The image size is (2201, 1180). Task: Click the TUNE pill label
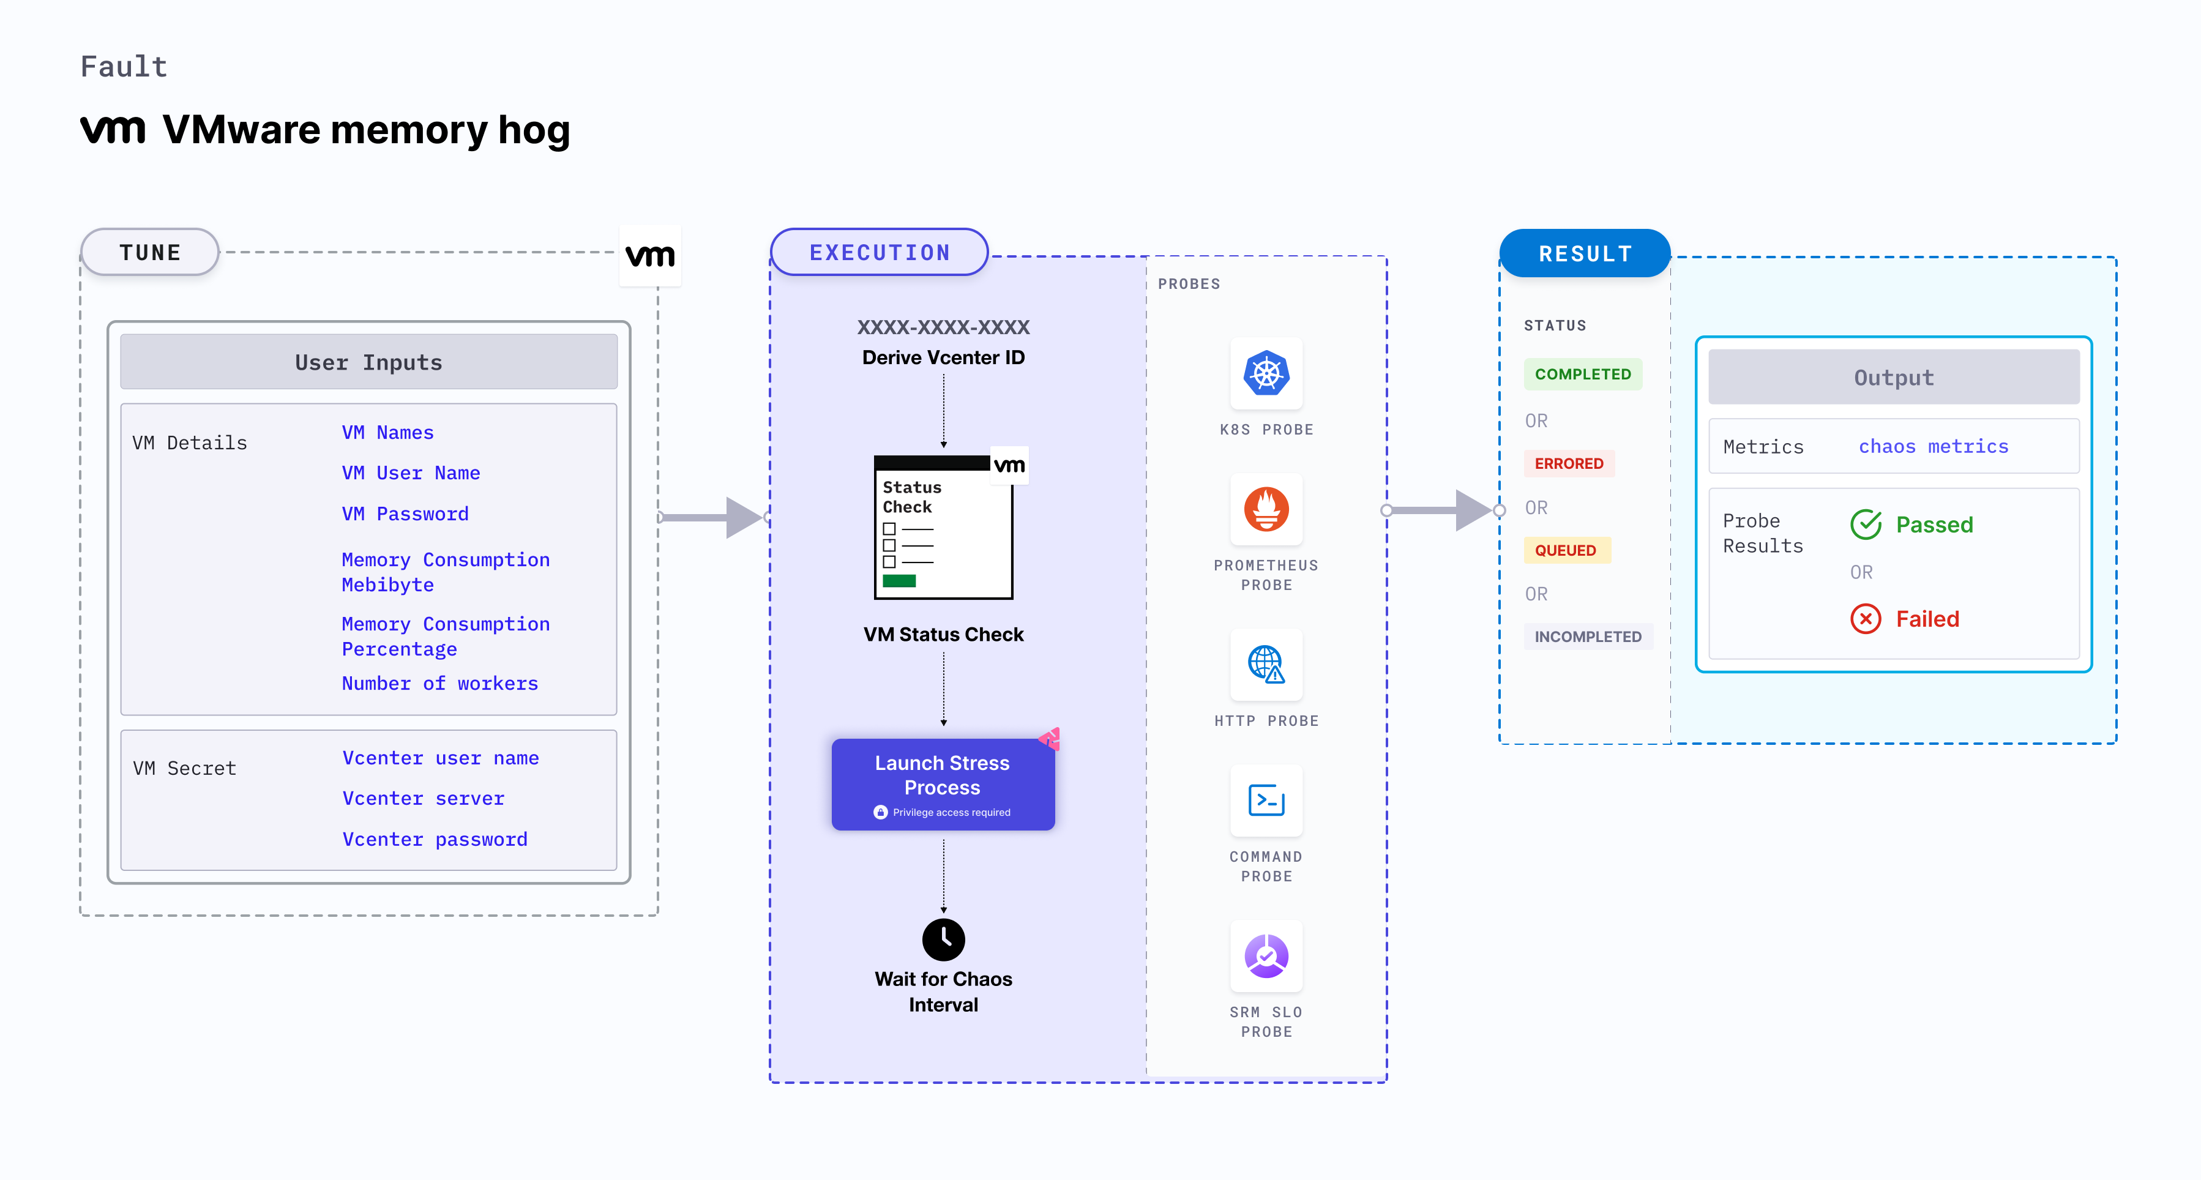click(x=151, y=253)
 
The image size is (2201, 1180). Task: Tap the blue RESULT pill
click(x=1585, y=254)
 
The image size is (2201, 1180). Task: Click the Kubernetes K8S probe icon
click(x=1266, y=373)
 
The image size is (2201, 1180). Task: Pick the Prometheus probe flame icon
click(x=1266, y=509)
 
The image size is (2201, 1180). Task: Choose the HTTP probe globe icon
click(x=1266, y=664)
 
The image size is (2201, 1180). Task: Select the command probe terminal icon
click(x=1266, y=801)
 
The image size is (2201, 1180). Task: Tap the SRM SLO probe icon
click(x=1266, y=956)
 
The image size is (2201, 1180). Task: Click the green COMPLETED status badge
click(x=1582, y=374)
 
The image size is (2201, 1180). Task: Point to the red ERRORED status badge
click(x=1569, y=464)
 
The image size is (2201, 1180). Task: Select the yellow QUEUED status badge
click(x=1565, y=550)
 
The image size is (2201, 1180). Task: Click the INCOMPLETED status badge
click(x=1588, y=637)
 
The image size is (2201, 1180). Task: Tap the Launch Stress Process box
click(x=943, y=783)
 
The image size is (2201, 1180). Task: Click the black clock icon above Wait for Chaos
click(x=943, y=939)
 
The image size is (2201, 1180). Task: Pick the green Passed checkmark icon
click(x=1866, y=525)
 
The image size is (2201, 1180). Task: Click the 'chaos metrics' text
click(x=1933, y=446)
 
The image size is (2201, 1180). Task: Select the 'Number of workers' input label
click(x=439, y=684)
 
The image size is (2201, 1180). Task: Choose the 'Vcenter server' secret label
click(x=423, y=798)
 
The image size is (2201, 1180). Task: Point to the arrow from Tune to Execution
click(x=714, y=517)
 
